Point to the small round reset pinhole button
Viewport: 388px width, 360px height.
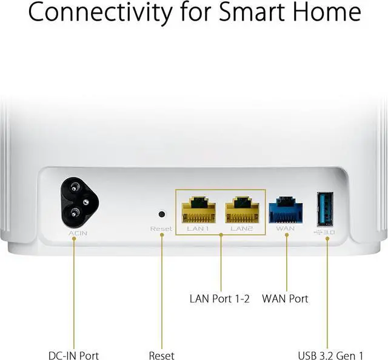[161, 214]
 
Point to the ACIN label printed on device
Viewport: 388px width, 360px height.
[73, 232]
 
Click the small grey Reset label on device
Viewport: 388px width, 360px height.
[161, 229]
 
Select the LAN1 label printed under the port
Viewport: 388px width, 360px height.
[198, 228]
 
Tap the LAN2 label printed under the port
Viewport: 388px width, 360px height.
[242, 228]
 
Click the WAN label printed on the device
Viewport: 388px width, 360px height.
[286, 229]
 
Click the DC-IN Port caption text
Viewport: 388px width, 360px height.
[73, 356]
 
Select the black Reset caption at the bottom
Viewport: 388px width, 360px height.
[161, 356]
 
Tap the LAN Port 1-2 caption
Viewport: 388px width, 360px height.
[220, 299]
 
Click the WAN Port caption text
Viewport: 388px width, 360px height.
[285, 299]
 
